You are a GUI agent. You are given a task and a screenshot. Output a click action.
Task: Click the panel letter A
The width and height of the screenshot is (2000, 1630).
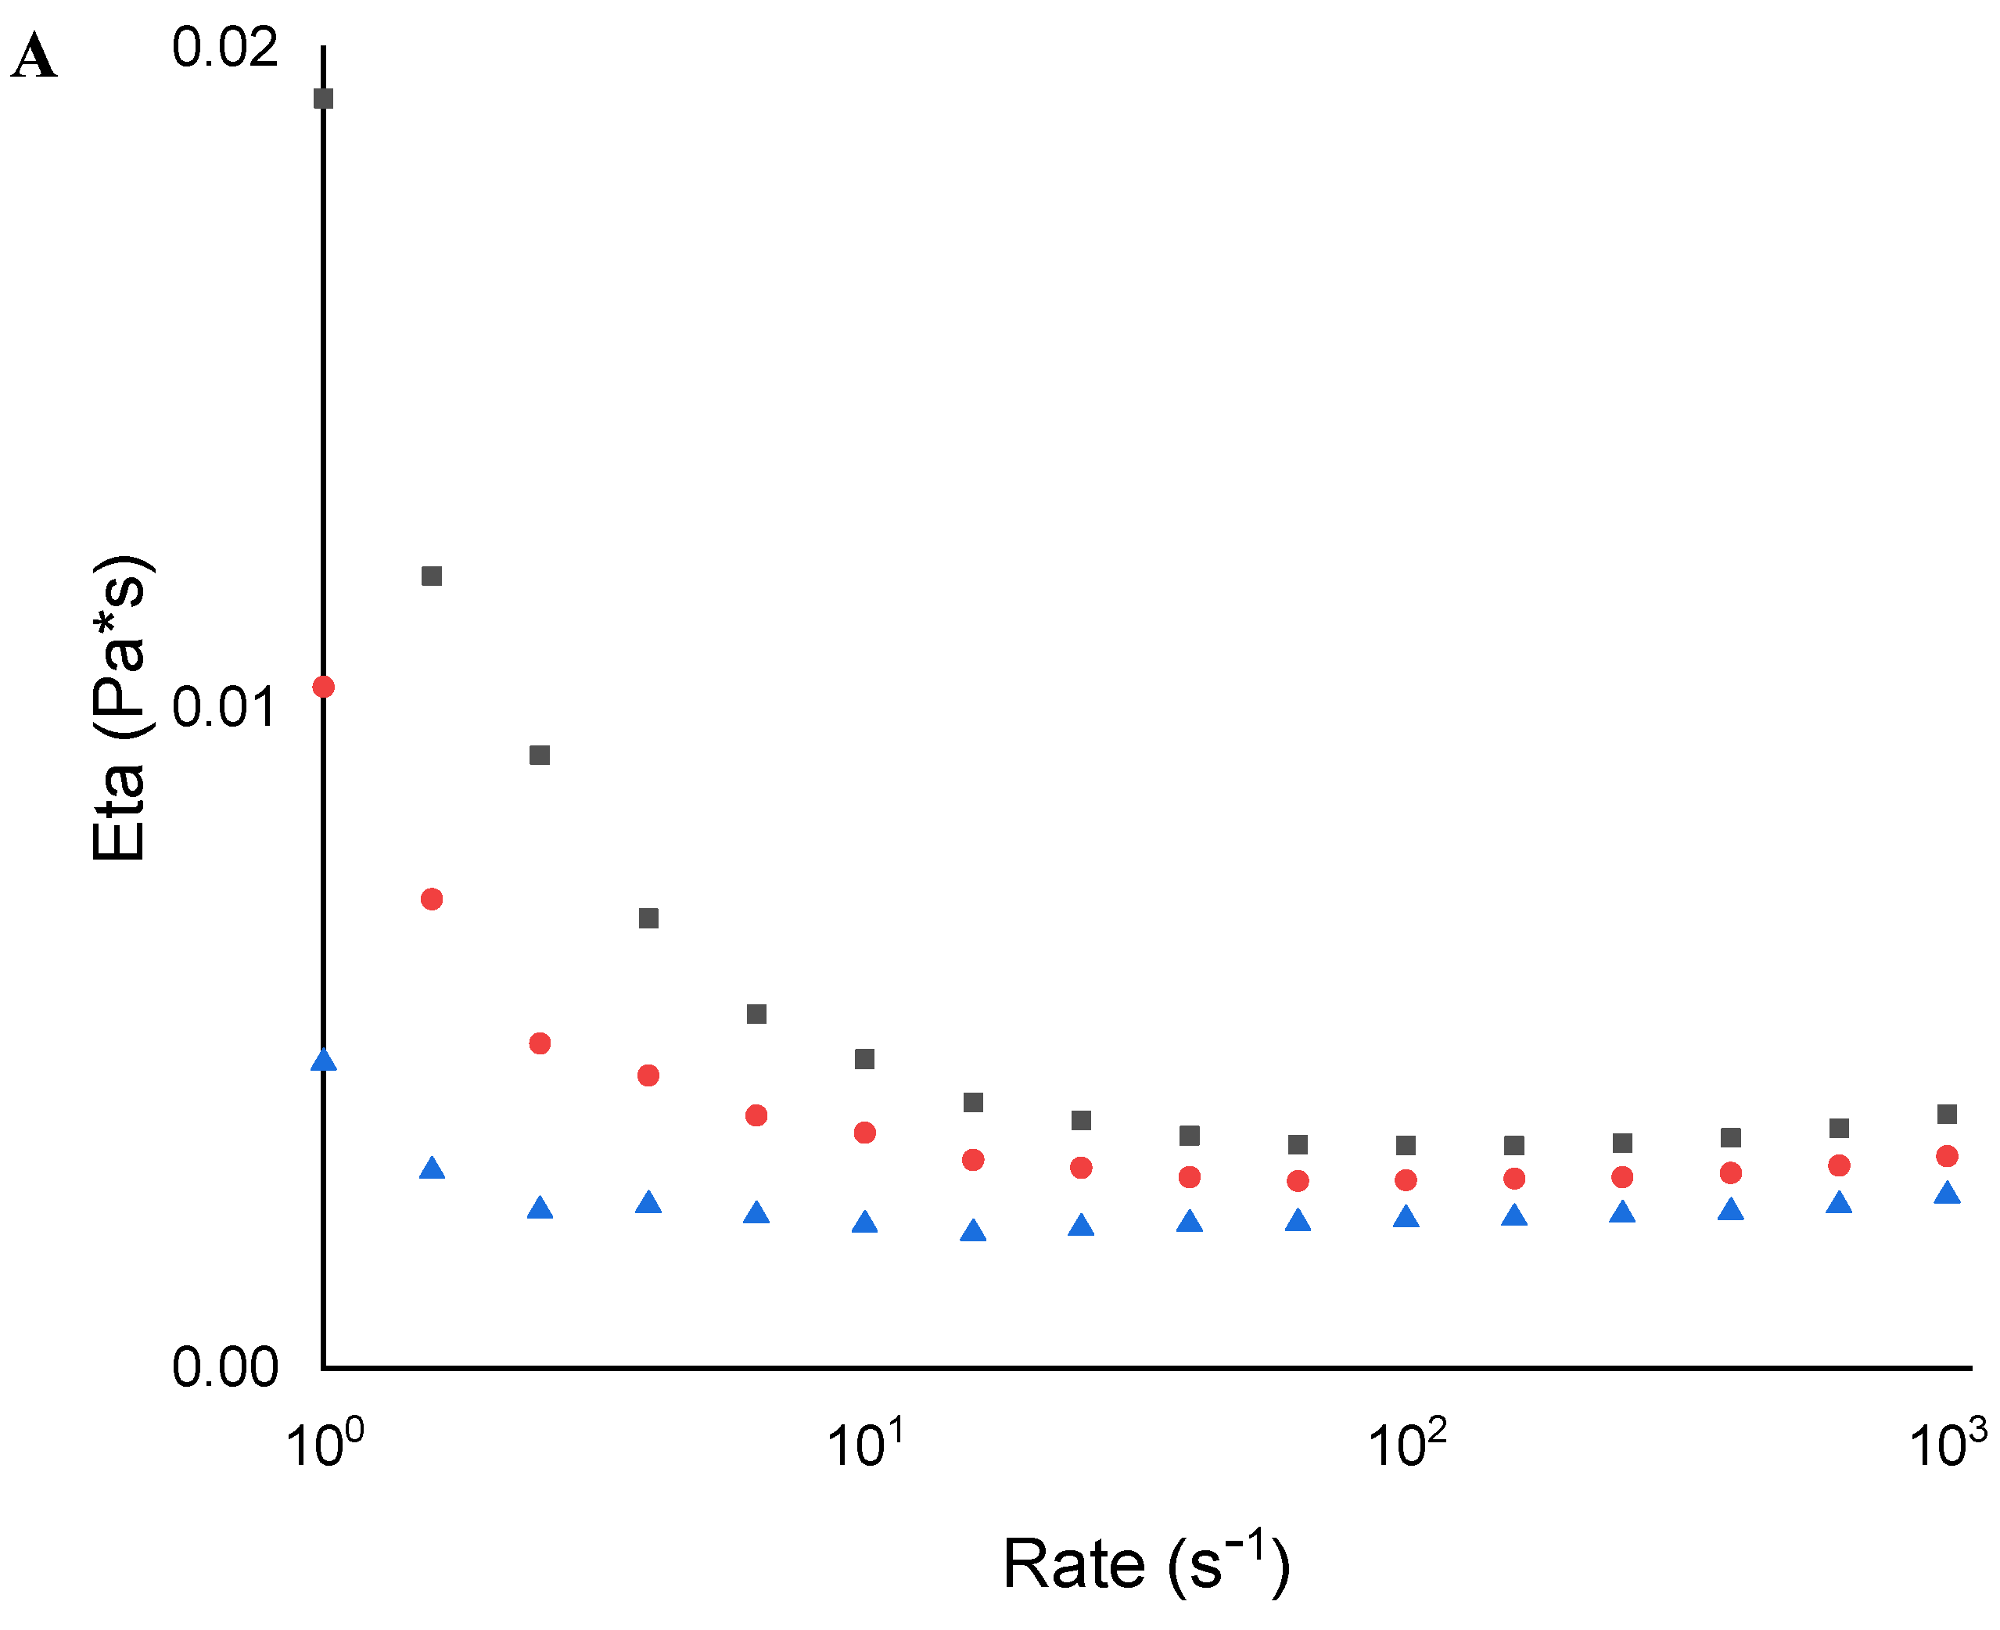click(34, 56)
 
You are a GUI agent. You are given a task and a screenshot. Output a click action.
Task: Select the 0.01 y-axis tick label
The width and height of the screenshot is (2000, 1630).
click(224, 707)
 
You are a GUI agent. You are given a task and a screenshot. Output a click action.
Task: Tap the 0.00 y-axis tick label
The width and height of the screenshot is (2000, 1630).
click(224, 1367)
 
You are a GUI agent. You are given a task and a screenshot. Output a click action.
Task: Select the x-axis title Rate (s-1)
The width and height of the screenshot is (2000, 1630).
click(1147, 1563)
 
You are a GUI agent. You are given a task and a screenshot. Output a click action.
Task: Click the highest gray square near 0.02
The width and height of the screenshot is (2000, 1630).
click(324, 99)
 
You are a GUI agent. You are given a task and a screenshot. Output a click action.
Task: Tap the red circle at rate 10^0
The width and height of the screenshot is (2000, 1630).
click(324, 688)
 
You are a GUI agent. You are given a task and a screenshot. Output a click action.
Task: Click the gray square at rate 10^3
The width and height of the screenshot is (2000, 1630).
click(1948, 1115)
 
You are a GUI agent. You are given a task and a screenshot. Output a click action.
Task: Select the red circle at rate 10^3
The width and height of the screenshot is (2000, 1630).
click(1948, 1156)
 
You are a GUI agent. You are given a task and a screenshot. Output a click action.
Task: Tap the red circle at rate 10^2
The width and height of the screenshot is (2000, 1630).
click(1406, 1180)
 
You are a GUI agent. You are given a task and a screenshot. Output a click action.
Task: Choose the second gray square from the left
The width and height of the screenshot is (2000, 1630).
click(432, 576)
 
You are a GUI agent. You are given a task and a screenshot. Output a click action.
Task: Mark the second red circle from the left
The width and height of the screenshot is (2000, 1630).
click(432, 899)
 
